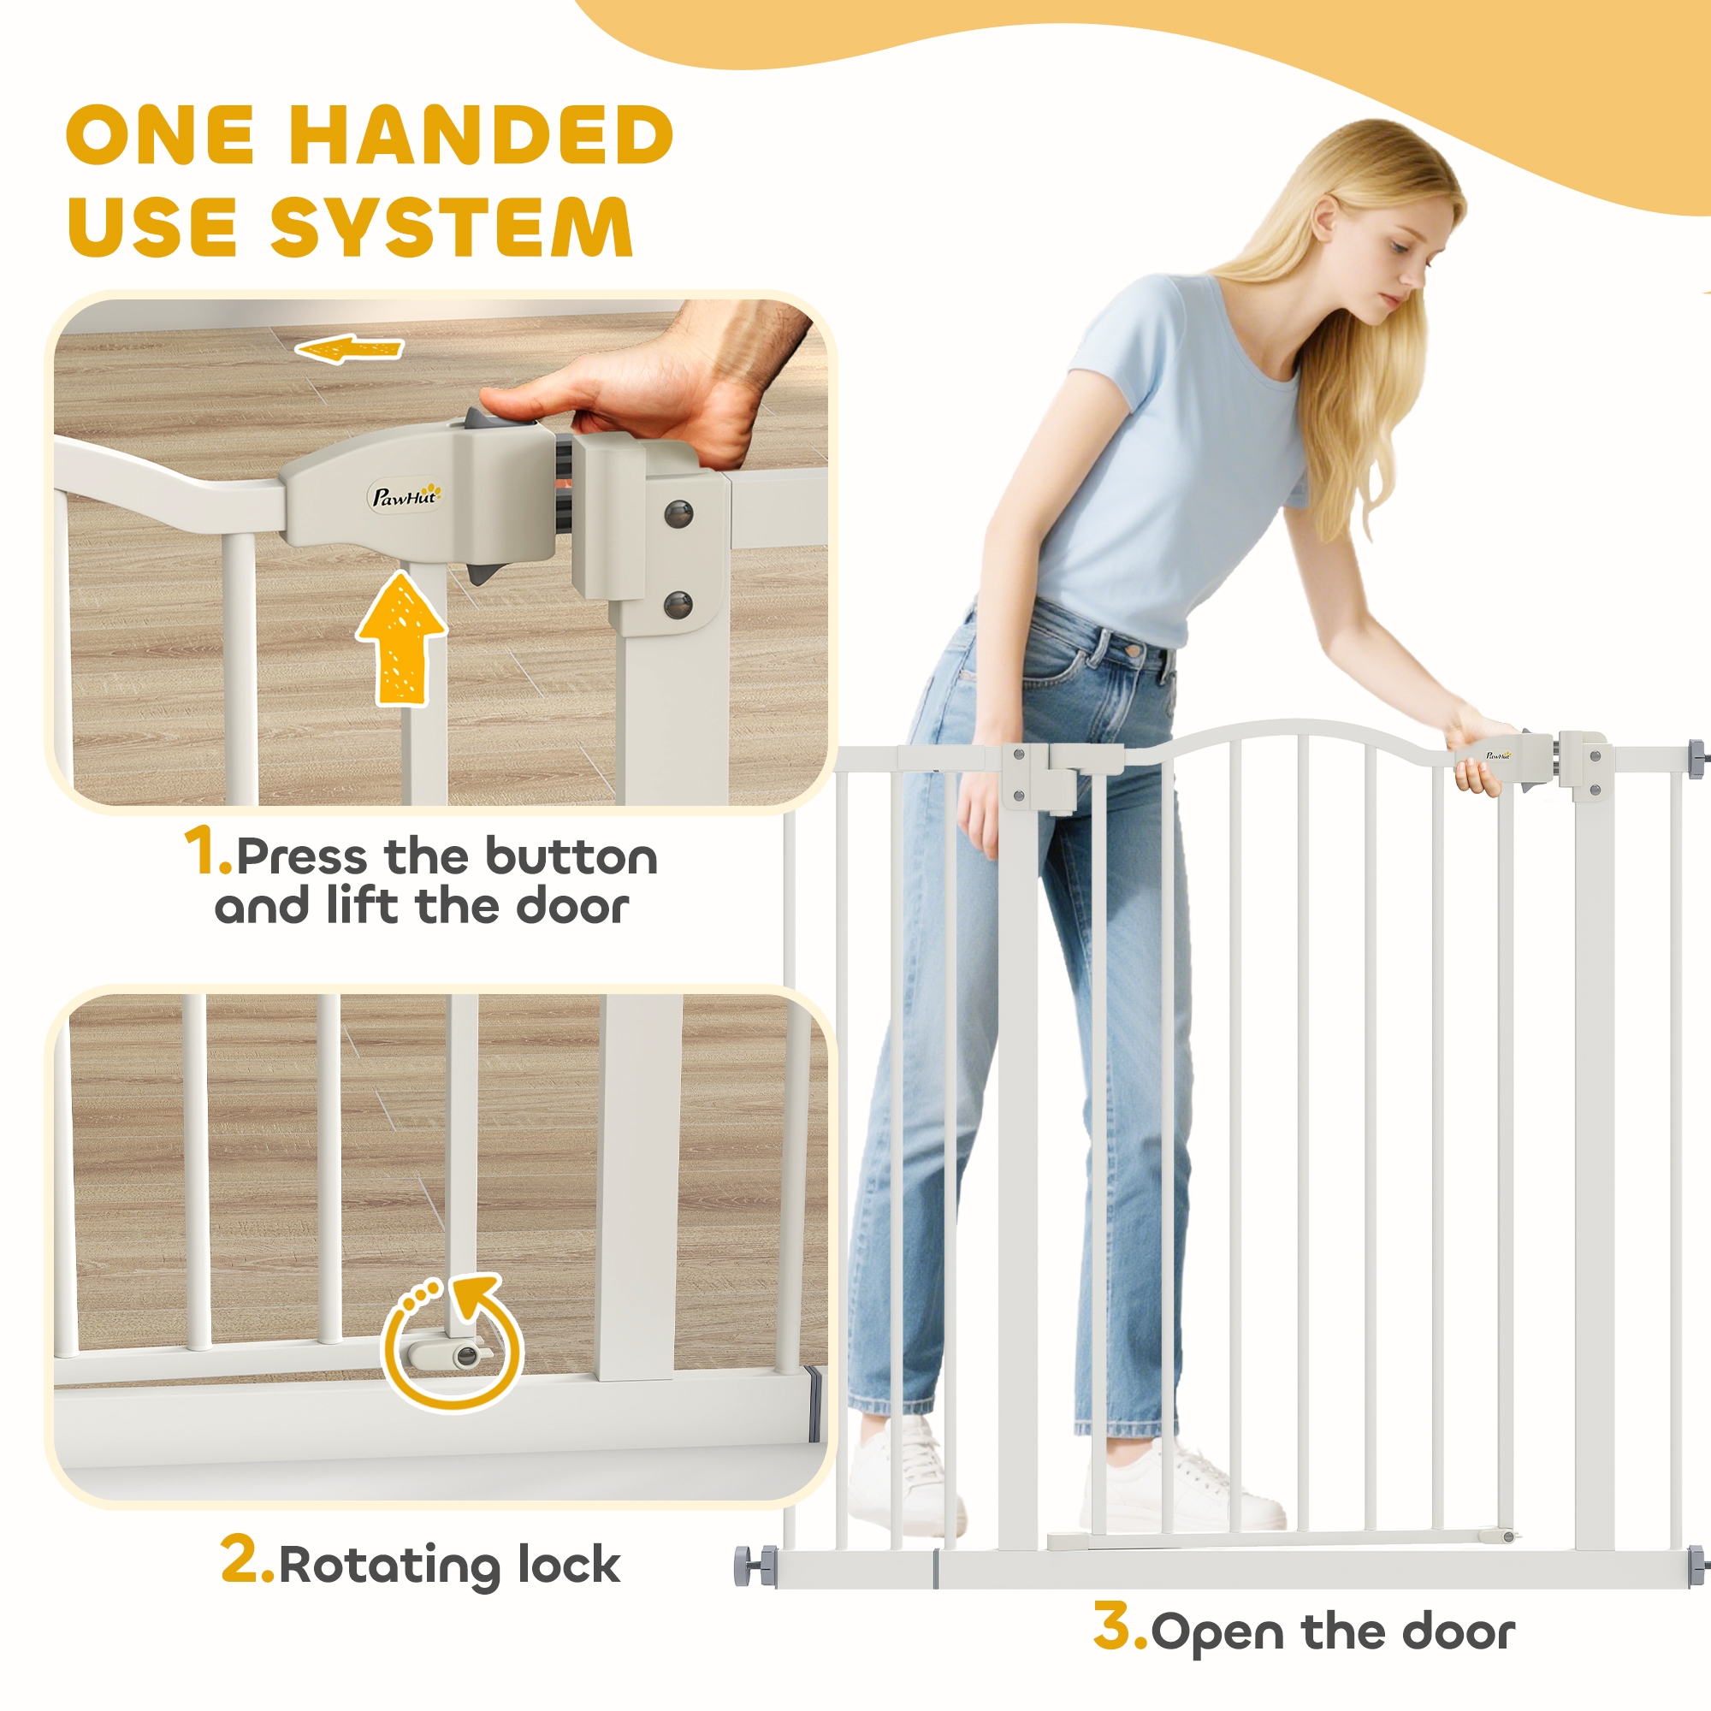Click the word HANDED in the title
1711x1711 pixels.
click(x=482, y=134)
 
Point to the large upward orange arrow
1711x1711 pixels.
click(x=402, y=638)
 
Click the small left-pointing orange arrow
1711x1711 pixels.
click(x=349, y=349)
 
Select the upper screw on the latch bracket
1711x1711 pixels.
click(x=678, y=512)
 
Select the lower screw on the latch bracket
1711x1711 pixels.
click(x=678, y=606)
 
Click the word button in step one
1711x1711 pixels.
click(x=571, y=857)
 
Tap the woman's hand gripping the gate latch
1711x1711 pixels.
click(x=1477, y=754)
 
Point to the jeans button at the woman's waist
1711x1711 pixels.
click(x=1133, y=649)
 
